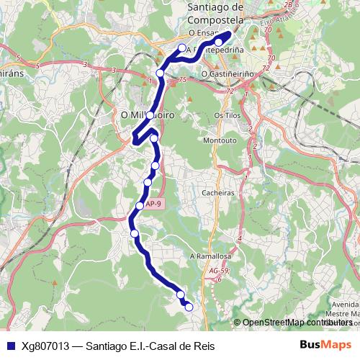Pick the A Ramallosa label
(x=210, y=256)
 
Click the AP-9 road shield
(x=153, y=204)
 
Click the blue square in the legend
(x=11, y=345)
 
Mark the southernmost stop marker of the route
(x=189, y=307)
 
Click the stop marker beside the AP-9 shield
(x=140, y=207)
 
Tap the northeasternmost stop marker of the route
(x=219, y=41)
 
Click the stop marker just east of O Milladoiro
(x=154, y=138)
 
